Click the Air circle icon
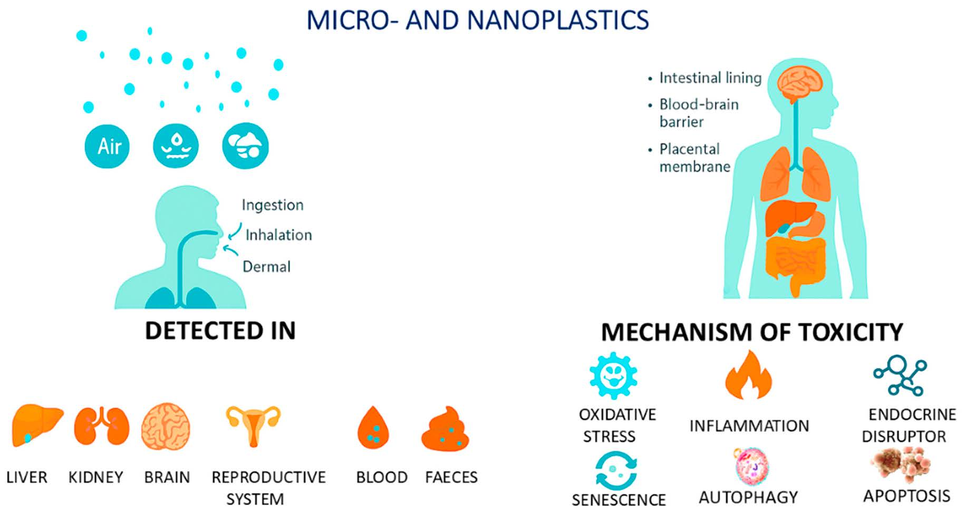coord(107,146)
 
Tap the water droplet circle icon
coord(176,146)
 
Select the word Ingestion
coord(273,205)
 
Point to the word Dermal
coord(266,267)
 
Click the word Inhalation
coord(278,235)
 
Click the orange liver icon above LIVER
coord(36,425)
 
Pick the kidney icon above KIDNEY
coord(101,426)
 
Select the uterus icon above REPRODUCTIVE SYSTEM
coord(253,425)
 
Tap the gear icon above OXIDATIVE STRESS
coord(613,375)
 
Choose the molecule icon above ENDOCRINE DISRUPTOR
coord(900,375)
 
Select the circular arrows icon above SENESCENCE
coord(615,470)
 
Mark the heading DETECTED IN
coord(220,331)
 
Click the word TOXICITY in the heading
coord(851,332)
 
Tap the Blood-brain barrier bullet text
coord(698,113)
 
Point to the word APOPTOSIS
coord(906,496)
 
